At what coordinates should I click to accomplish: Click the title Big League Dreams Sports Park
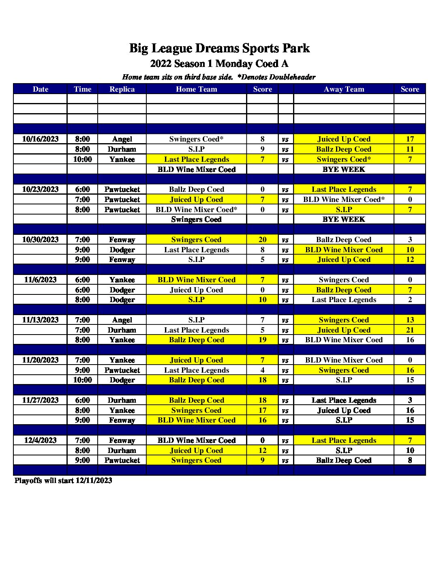(x=219, y=48)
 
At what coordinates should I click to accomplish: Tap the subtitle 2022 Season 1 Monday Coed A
(x=219, y=64)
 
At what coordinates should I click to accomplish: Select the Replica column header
(x=122, y=89)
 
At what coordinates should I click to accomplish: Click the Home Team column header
(x=197, y=89)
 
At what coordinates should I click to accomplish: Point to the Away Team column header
(x=344, y=89)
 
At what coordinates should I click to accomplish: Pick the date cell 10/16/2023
(x=40, y=139)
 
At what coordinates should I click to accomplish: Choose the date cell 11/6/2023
(x=40, y=280)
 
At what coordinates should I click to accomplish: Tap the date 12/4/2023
(x=40, y=440)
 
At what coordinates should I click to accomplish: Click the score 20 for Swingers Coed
(x=263, y=240)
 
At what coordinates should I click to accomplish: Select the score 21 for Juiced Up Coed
(x=410, y=330)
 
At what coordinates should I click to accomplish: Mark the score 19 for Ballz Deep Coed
(x=263, y=340)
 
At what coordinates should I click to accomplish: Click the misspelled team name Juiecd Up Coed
(x=197, y=290)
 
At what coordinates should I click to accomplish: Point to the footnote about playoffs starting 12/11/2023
(x=63, y=481)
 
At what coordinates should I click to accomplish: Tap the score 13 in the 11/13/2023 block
(x=410, y=320)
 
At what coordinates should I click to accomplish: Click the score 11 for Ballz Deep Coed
(x=410, y=149)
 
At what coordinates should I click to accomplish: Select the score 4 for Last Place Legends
(x=263, y=370)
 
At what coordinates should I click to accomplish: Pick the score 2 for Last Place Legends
(x=410, y=300)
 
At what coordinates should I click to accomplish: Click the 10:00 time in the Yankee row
(x=83, y=159)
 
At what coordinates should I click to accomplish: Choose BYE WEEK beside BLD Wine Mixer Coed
(x=344, y=170)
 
